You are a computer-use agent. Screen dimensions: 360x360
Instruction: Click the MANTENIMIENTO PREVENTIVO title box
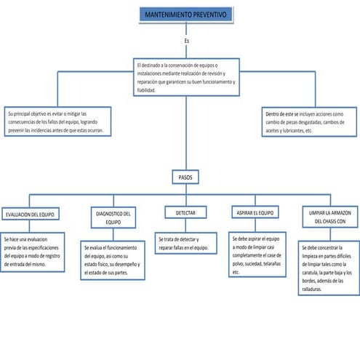(185, 15)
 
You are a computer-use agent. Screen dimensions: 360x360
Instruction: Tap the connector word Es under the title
(186, 41)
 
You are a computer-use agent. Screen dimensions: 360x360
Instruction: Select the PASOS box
(185, 177)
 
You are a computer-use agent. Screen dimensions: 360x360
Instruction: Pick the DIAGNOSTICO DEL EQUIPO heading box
(113, 217)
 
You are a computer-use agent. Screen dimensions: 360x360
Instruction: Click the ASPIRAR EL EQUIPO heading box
(255, 213)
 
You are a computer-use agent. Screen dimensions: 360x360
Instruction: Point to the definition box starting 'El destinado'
(185, 77)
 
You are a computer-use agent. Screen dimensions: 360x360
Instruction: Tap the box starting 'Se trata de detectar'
(185, 244)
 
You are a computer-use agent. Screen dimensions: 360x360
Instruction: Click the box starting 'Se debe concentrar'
(329, 268)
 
